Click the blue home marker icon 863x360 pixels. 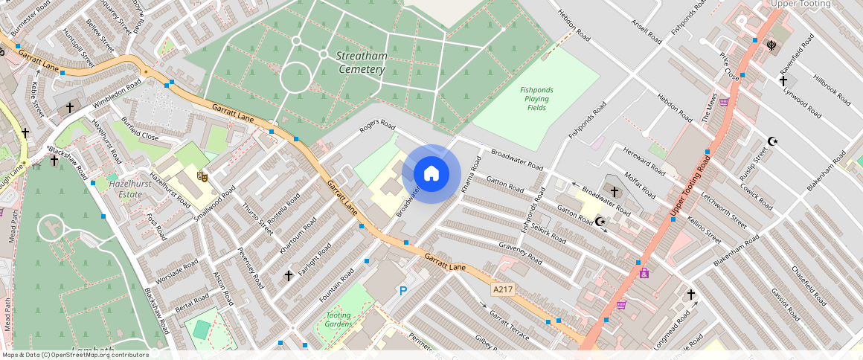pos(431,174)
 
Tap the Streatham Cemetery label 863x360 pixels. pos(361,62)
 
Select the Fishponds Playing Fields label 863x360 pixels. pos(536,99)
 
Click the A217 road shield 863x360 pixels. pos(502,288)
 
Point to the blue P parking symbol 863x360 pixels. pos(403,291)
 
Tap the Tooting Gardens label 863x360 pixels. pos(339,319)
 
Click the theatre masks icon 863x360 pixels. pos(201,176)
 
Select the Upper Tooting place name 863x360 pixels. pos(800,4)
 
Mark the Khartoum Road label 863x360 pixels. pos(298,236)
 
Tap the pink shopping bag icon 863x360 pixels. pos(644,273)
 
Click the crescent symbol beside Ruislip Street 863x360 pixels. pos(772,141)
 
